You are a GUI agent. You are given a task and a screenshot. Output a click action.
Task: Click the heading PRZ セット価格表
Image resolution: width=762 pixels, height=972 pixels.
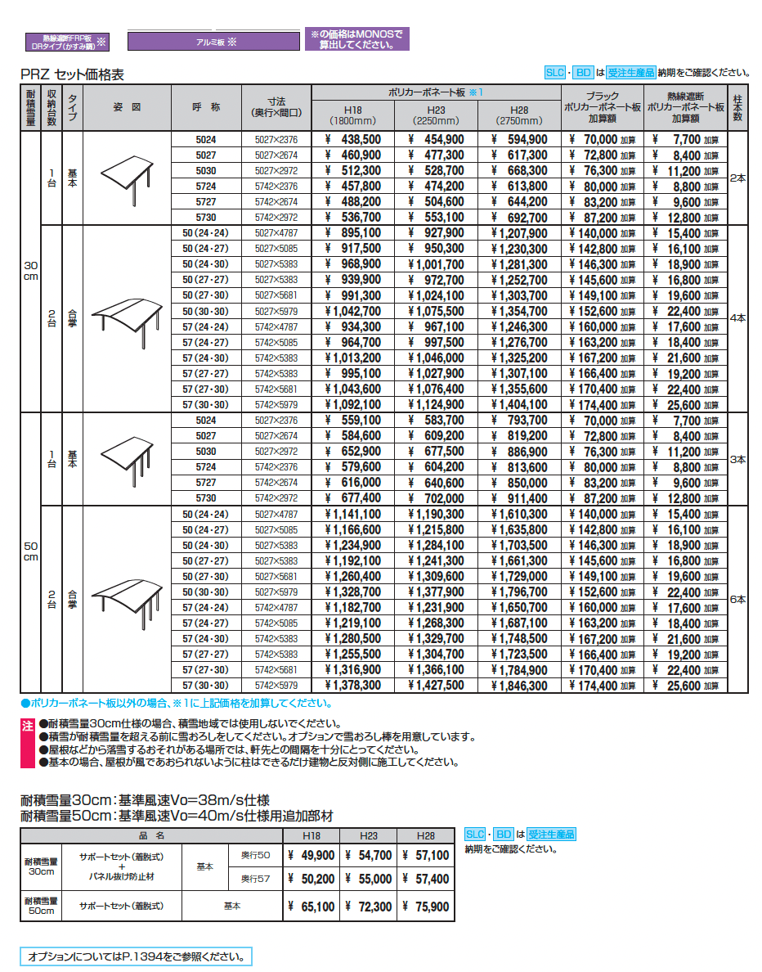[72, 74]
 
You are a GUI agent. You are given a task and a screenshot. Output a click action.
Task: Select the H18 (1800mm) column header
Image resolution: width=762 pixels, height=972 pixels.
[352, 115]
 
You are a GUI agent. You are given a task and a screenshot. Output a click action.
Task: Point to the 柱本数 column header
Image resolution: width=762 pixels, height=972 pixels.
[737, 107]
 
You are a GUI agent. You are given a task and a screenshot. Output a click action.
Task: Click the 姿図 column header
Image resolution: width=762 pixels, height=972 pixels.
[127, 107]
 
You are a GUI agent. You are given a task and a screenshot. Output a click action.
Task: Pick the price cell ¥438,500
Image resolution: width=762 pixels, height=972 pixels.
[352, 140]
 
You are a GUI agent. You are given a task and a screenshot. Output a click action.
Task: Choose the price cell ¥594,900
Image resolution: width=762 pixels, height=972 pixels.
[519, 140]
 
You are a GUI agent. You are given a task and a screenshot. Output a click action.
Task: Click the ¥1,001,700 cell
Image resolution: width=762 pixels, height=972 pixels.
[436, 265]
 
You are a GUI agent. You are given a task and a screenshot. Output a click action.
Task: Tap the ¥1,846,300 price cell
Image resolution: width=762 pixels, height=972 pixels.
[519, 686]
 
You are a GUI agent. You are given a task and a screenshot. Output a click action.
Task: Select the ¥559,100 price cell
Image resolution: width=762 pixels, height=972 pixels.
[352, 421]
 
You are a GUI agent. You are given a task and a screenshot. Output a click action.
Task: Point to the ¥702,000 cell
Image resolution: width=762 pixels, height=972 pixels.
[436, 498]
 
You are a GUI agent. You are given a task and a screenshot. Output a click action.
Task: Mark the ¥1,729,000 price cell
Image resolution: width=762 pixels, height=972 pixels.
[519, 577]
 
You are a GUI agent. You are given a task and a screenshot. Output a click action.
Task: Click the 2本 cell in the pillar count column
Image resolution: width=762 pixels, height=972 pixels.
[737, 178]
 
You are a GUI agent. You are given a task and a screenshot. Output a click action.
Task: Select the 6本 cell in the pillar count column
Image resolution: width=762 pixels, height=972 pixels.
[737, 600]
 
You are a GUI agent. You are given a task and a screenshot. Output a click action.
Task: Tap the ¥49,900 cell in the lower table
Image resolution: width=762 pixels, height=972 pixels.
[312, 856]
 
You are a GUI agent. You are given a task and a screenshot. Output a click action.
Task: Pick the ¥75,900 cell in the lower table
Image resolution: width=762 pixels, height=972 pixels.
[426, 907]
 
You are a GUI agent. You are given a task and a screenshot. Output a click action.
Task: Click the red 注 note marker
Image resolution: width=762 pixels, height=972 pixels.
[27, 726]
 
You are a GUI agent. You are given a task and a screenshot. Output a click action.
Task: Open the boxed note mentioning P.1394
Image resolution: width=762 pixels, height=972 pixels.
[136, 956]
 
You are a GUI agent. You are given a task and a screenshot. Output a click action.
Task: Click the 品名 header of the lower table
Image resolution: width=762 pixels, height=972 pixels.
[151, 835]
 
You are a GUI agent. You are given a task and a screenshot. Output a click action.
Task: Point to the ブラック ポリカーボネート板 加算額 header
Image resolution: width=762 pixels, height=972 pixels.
[603, 107]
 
